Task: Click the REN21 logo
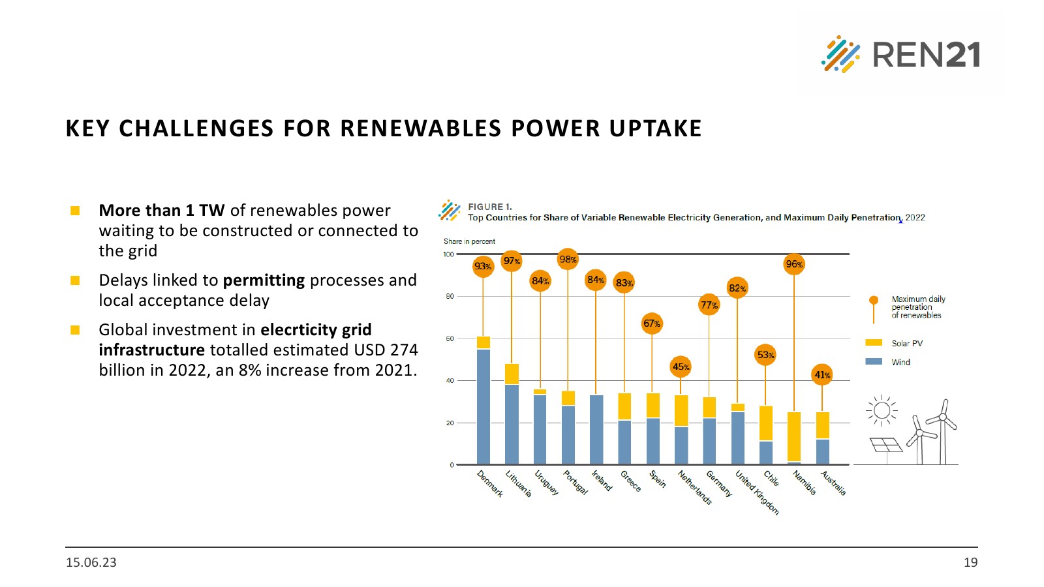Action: tap(900, 54)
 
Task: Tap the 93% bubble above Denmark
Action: tap(483, 266)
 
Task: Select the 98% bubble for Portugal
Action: tap(568, 260)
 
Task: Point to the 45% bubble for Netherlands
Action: tap(681, 367)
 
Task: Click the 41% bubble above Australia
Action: tap(822, 375)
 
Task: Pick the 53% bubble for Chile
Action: tap(765, 355)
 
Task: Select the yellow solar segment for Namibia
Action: tap(794, 436)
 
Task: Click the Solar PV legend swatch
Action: tap(874, 342)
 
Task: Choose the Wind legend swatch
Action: tap(874, 361)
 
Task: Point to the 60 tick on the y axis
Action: tap(450, 339)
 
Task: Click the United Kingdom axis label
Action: tap(757, 492)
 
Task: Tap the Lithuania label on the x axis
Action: tap(519, 484)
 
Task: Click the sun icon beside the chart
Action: tap(882, 410)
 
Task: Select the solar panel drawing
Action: tap(886, 445)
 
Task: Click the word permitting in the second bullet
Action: tap(264, 280)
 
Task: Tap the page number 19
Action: tap(970, 562)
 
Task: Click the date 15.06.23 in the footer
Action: tap(91, 562)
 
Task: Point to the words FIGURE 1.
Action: tap(489, 207)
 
